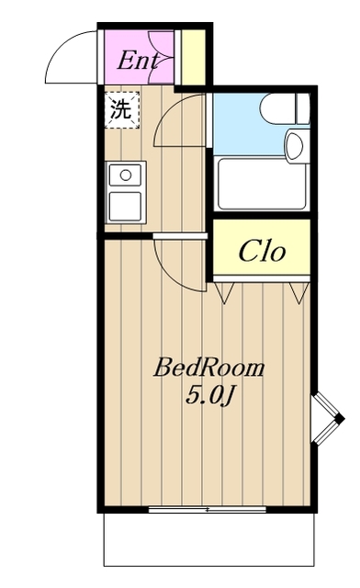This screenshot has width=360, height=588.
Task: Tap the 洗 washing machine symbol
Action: pyautogui.click(x=121, y=110)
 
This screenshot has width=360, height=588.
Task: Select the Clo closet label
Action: pyautogui.click(x=262, y=251)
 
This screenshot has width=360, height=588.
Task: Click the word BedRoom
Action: pyautogui.click(x=209, y=367)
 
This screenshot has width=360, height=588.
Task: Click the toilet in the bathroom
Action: pyautogui.click(x=285, y=108)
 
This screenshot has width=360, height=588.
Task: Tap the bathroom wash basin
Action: pyautogui.click(x=297, y=146)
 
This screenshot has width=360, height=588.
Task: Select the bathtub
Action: pyautogui.click(x=262, y=184)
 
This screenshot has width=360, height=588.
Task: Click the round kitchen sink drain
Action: pyautogui.click(x=126, y=175)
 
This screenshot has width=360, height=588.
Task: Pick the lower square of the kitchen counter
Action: pyautogui.click(x=125, y=206)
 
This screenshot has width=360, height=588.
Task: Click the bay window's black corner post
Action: pyautogui.click(x=340, y=419)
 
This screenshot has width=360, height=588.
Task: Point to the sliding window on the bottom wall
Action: pyautogui.click(x=207, y=509)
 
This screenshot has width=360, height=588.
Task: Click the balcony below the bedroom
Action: pyautogui.click(x=208, y=539)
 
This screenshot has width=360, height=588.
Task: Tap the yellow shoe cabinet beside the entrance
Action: pyautogui.click(x=193, y=57)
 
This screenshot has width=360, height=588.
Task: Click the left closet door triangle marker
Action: pyautogui.click(x=225, y=292)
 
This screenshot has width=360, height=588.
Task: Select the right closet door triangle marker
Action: pyautogui.click(x=298, y=292)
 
